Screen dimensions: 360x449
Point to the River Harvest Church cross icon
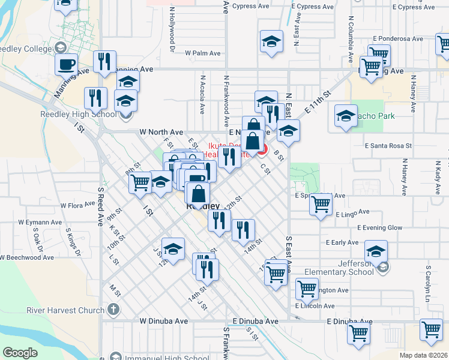click(113, 311)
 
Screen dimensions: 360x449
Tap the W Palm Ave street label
click(203, 53)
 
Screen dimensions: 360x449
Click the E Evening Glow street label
click(379, 228)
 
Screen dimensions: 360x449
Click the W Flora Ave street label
click(78, 205)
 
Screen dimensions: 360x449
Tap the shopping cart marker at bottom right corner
click(432, 329)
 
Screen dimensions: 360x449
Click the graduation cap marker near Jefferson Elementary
click(376, 251)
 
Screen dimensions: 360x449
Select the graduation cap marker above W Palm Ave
click(271, 41)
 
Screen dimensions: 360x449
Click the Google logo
click(20, 353)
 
